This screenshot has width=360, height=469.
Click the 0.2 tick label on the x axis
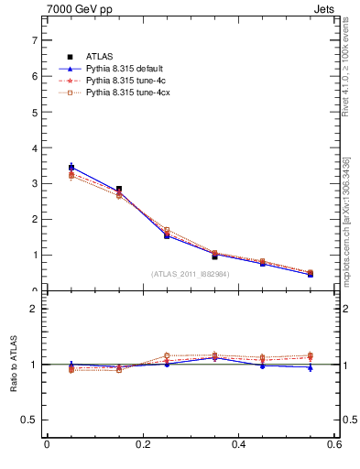coord(143,444)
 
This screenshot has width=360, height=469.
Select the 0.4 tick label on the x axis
coord(239,444)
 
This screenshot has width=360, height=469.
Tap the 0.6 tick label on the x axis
coord(334,444)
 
